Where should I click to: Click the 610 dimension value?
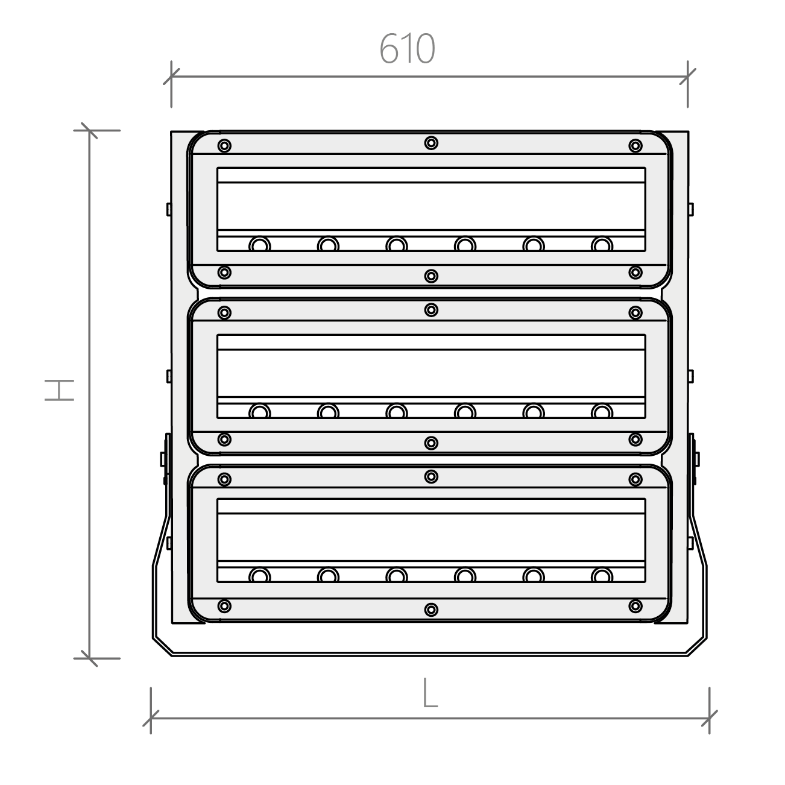tap(407, 48)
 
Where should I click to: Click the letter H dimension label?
tap(59, 390)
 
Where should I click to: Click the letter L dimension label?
tap(430, 693)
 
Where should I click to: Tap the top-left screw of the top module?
tap(224, 146)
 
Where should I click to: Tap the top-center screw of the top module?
tap(431, 143)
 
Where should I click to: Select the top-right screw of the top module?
tap(635, 146)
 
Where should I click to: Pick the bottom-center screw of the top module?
tap(431, 276)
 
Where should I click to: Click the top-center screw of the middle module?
tap(431, 310)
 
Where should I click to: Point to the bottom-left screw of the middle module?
tap(224, 440)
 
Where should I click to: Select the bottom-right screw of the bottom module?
tap(635, 606)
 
